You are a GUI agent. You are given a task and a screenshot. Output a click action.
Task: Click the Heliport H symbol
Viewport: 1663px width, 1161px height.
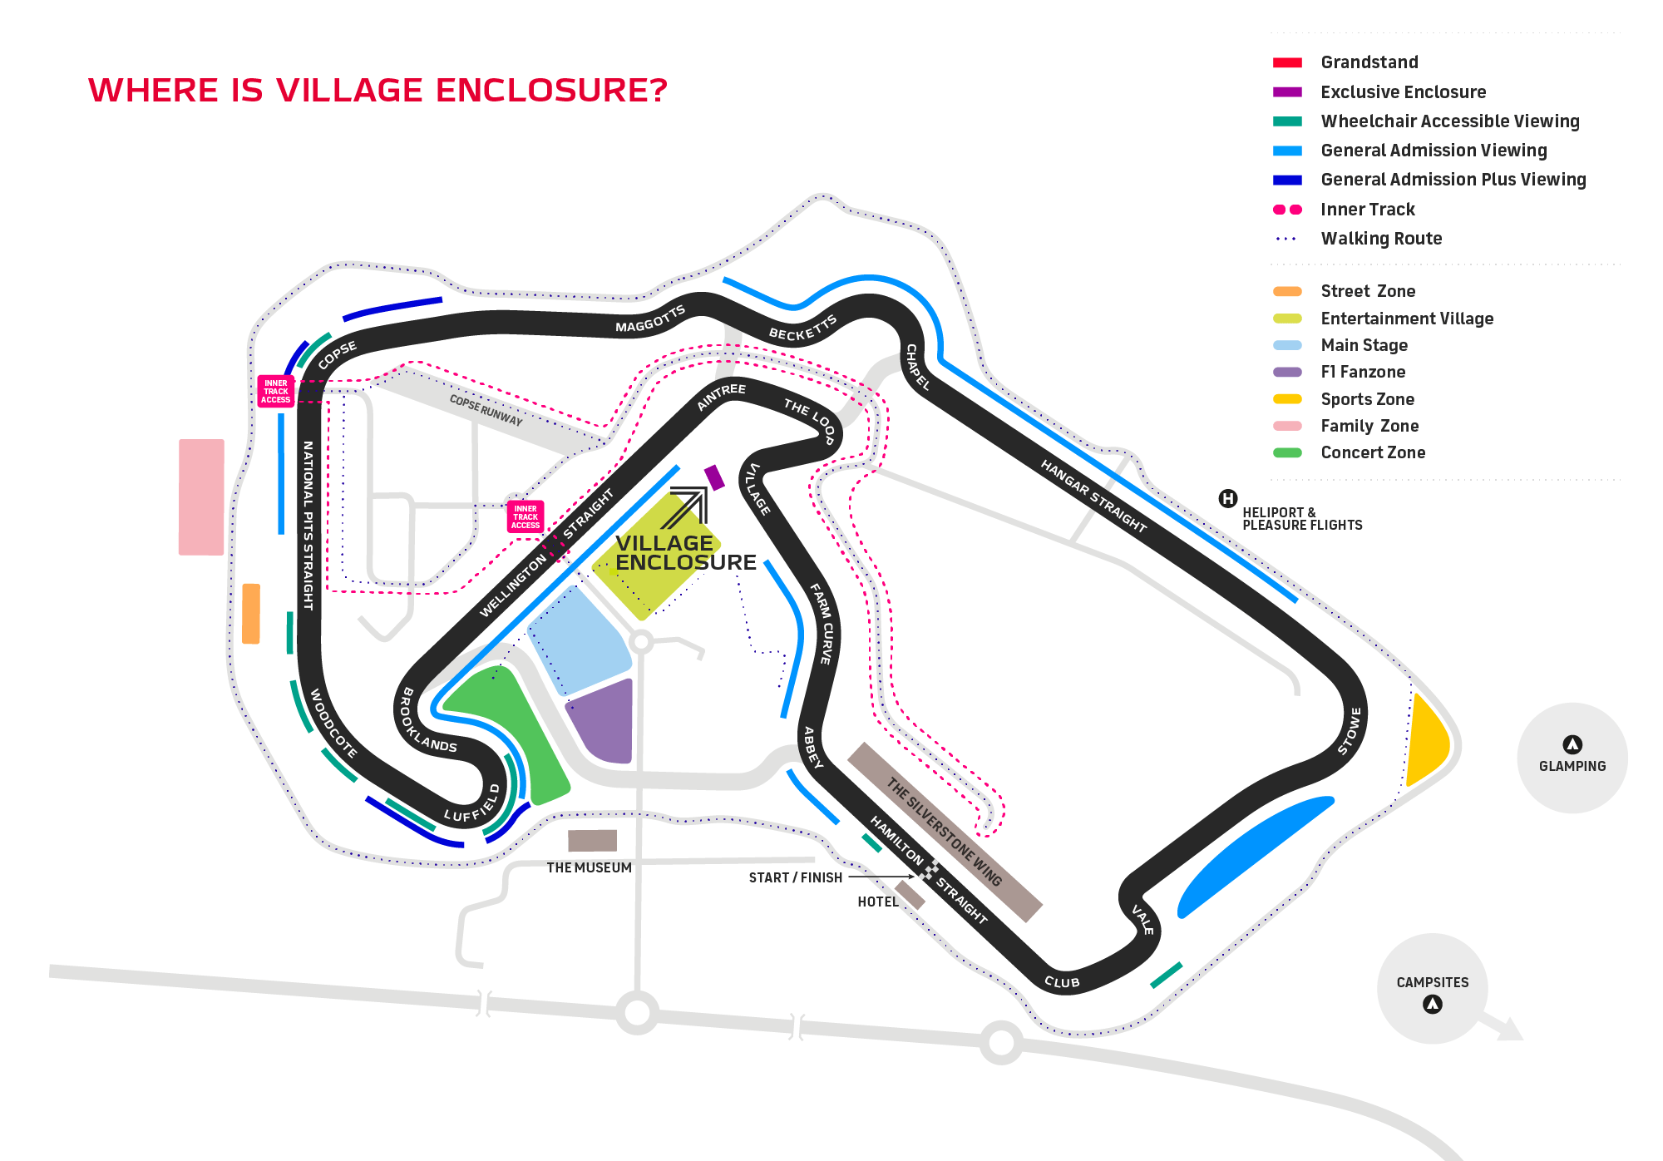1227,499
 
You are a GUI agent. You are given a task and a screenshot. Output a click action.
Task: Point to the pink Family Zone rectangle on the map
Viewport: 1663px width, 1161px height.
201,497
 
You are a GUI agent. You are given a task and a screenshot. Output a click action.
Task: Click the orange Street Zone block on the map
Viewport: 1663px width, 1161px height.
250,614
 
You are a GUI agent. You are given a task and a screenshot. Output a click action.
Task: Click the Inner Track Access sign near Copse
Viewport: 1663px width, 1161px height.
275,391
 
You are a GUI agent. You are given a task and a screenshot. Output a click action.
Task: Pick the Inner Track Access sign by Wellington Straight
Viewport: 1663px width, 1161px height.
526,516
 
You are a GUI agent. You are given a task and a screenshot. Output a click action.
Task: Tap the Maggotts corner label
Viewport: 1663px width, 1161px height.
649,319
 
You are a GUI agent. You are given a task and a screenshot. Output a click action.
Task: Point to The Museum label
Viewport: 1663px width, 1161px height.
589,867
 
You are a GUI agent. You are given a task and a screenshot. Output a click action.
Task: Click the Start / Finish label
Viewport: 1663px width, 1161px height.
795,877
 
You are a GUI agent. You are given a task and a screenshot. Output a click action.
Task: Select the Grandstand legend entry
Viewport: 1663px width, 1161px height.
1369,62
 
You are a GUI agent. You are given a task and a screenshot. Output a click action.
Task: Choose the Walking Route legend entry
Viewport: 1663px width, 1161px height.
1381,239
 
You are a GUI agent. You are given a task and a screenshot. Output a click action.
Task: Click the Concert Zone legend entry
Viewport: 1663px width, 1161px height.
1373,452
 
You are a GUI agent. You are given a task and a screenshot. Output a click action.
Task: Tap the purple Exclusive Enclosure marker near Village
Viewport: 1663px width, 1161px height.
714,477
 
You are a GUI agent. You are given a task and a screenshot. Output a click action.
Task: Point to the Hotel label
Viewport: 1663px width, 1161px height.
877,902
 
